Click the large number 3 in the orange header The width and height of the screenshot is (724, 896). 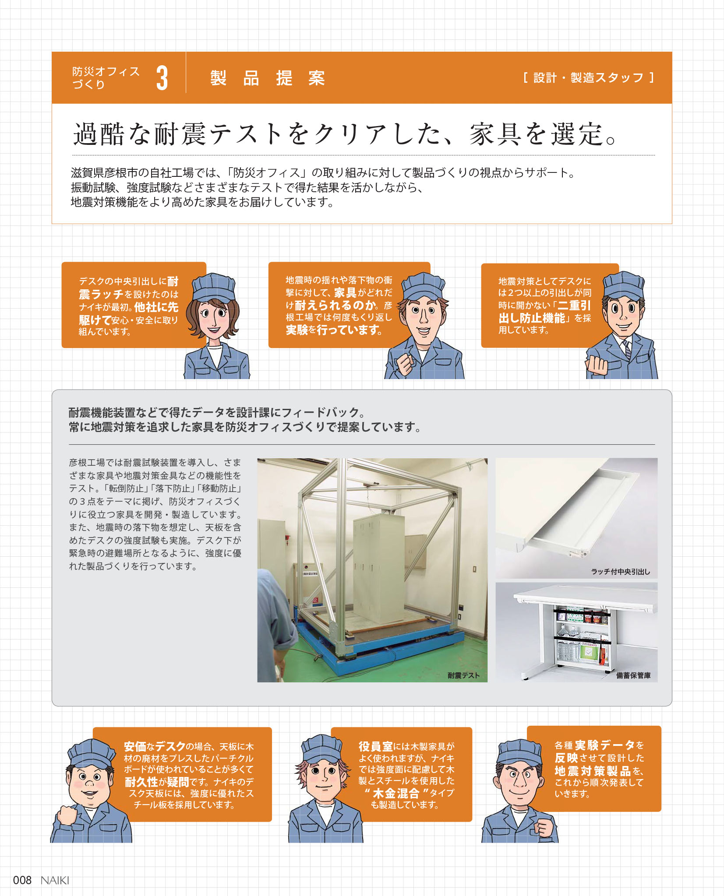pyautogui.click(x=162, y=78)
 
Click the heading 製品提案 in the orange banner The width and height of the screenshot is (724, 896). pyautogui.click(x=268, y=78)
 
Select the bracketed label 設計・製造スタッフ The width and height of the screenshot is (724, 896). pyautogui.click(x=589, y=78)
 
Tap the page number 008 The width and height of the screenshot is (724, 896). pyautogui.click(x=22, y=880)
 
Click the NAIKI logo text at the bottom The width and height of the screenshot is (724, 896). pyautogui.click(x=55, y=880)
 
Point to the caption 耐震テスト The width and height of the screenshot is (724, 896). pyautogui.click(x=463, y=675)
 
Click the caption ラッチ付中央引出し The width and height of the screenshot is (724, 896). pyautogui.click(x=620, y=572)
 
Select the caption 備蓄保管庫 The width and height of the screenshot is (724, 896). pyautogui.click(x=633, y=675)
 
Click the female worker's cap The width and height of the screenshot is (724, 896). pyautogui.click(x=214, y=287)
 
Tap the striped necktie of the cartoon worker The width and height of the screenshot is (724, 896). pyautogui.click(x=627, y=349)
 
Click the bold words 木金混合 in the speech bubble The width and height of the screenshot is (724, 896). pyautogui.click(x=396, y=794)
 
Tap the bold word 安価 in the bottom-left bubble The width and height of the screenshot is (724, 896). pyautogui.click(x=135, y=746)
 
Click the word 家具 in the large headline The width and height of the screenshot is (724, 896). pyautogui.click(x=495, y=134)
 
